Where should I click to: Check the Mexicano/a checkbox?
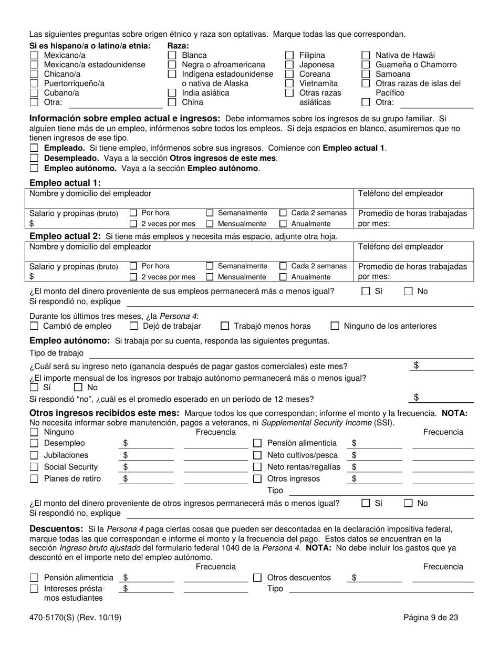click(x=34, y=55)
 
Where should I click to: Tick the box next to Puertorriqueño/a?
click(x=34, y=84)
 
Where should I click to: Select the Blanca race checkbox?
click(x=172, y=55)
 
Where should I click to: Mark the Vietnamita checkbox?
click(x=289, y=84)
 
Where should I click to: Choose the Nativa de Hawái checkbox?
click(x=366, y=55)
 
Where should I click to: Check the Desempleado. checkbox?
click(x=34, y=158)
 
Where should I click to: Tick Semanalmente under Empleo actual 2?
click(x=210, y=266)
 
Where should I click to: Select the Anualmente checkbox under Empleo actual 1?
click(x=283, y=224)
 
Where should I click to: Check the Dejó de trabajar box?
click(x=133, y=326)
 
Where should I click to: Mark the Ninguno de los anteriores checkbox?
click(x=335, y=326)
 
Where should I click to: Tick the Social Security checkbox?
click(x=34, y=467)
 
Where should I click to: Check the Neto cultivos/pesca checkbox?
click(x=258, y=455)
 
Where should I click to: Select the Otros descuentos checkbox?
click(x=258, y=578)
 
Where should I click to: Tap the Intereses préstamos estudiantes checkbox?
click(x=34, y=589)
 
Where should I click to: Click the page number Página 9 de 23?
click(x=431, y=618)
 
